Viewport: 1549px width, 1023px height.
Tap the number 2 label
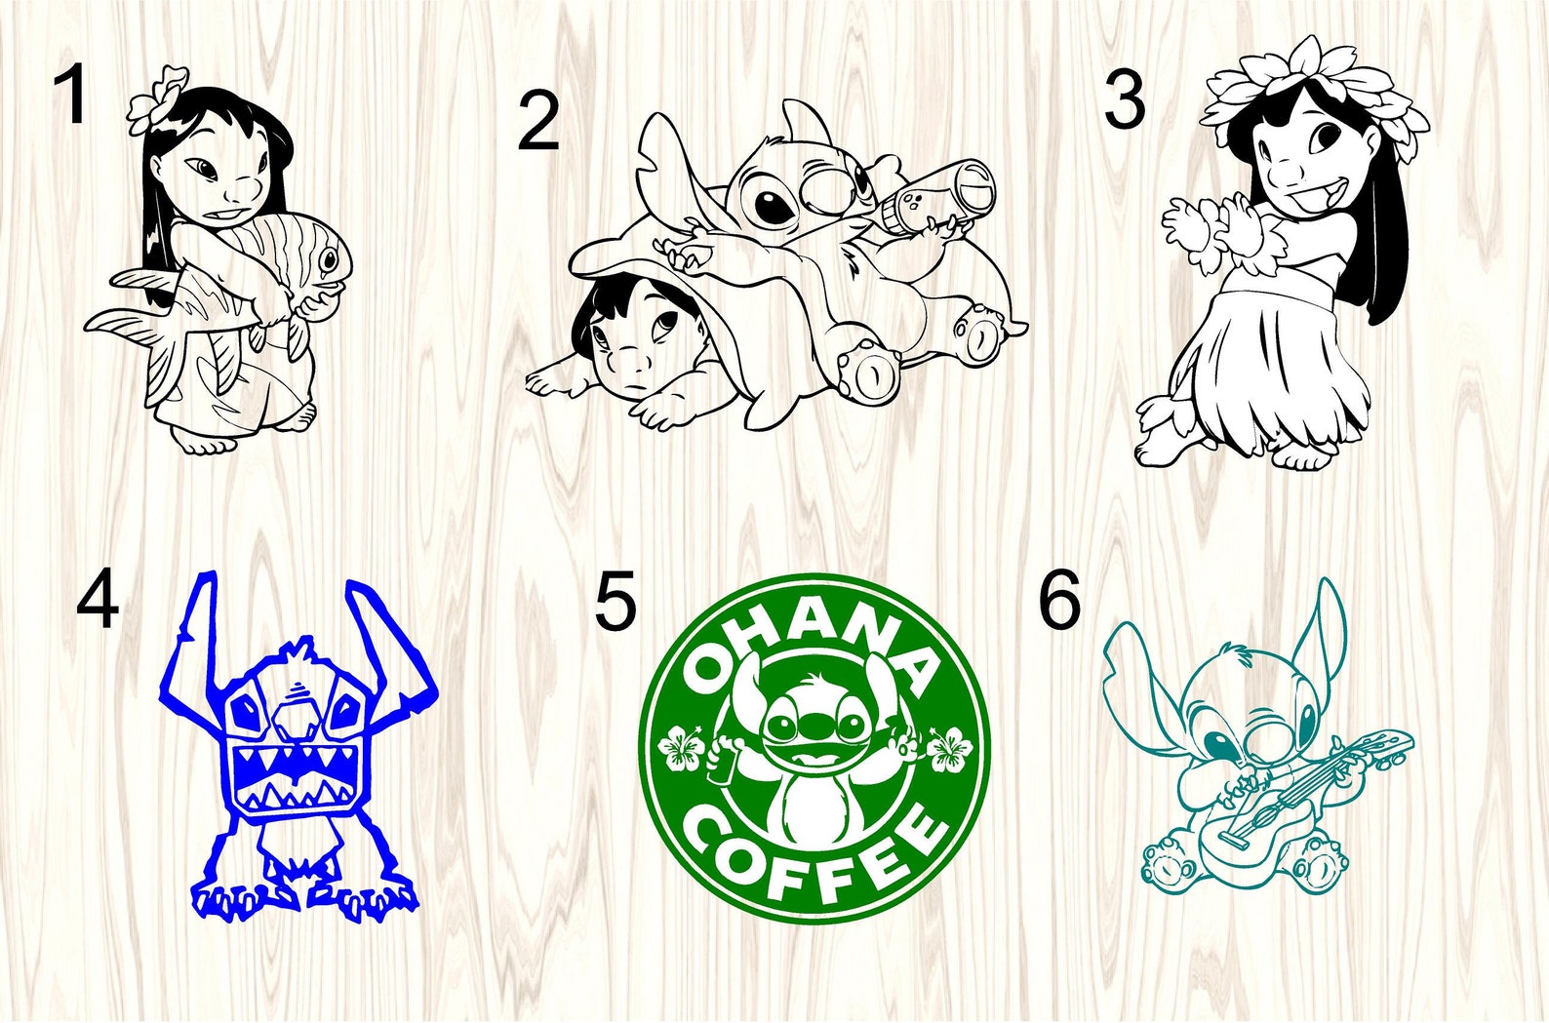point(537,122)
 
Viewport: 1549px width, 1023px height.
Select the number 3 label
point(1124,101)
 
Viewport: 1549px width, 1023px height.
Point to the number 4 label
point(98,602)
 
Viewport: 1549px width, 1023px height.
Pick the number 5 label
point(616,602)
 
